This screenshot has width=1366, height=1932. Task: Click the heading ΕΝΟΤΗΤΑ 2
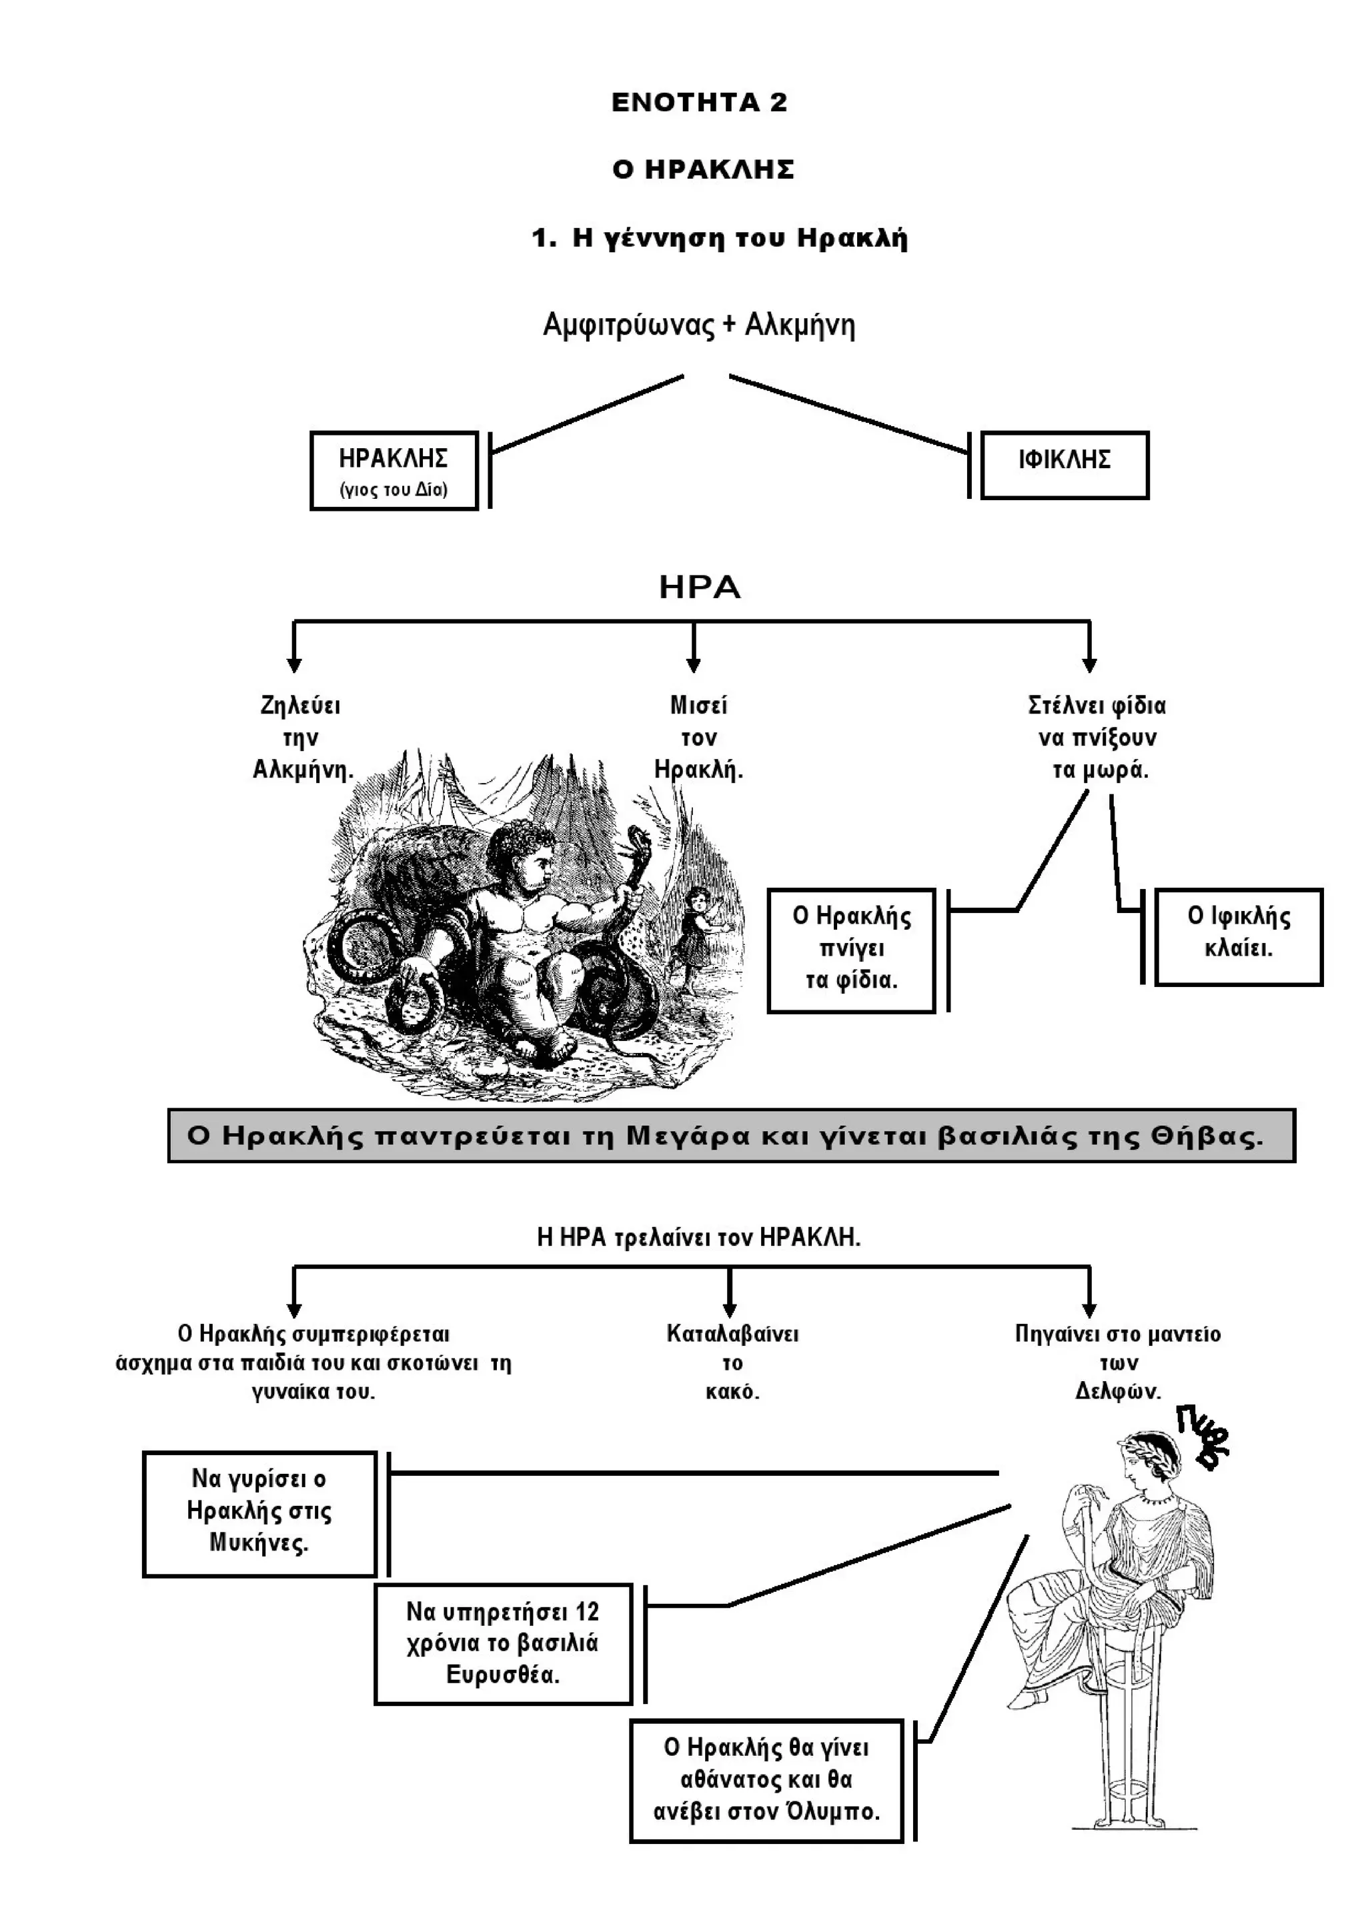[x=698, y=103]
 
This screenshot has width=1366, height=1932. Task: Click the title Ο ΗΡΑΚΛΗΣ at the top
[x=703, y=170]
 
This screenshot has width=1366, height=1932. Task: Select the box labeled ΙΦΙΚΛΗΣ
[x=1065, y=465]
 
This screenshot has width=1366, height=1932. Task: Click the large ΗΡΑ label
[x=700, y=588]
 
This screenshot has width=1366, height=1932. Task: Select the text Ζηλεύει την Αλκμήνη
[x=302, y=738]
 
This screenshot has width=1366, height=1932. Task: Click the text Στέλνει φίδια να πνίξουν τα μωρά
[x=1097, y=738]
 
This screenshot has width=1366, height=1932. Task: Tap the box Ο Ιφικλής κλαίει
[x=1238, y=936]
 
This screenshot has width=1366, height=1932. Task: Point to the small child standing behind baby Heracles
[x=698, y=926]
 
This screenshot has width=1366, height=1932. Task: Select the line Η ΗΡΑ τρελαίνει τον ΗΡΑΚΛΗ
[x=698, y=1238]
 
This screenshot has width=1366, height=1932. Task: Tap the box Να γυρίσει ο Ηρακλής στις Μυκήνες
[x=259, y=1512]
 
